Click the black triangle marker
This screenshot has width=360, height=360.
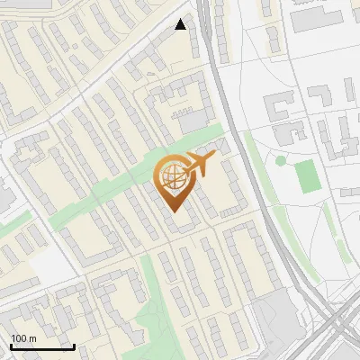181,24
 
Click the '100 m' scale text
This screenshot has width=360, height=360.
23,338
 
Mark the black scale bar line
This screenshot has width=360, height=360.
42,346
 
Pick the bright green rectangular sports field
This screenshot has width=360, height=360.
307,175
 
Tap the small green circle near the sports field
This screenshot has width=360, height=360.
281,160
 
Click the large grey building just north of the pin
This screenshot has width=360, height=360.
193,121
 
